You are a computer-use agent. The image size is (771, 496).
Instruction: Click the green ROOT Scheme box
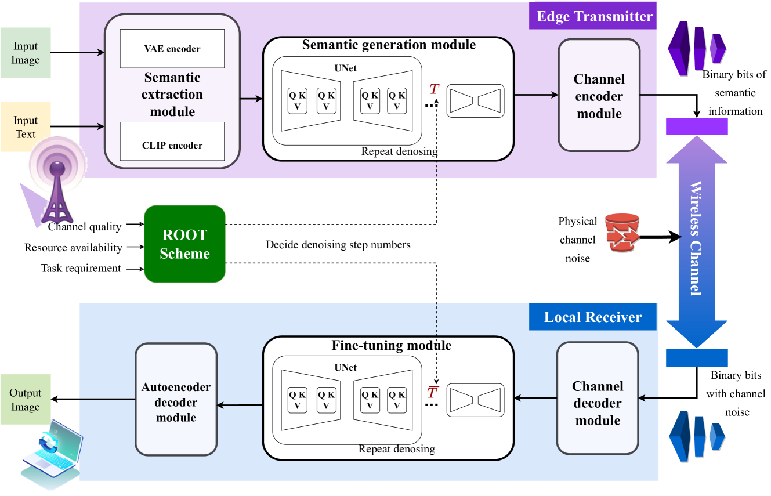point(184,244)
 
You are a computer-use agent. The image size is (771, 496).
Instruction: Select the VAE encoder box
point(172,49)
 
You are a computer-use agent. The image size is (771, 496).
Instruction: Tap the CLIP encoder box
point(172,142)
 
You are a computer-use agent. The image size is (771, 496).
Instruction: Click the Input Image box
point(26,53)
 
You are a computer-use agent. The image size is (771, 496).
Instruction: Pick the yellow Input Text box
point(26,127)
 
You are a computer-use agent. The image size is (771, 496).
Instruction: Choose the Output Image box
point(25,400)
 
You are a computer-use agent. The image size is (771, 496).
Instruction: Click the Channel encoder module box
point(599,96)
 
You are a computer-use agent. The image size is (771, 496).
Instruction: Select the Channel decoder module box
point(598,398)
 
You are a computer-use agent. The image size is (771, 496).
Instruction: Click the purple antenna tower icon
point(57,186)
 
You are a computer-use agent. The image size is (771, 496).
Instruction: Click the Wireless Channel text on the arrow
point(696,238)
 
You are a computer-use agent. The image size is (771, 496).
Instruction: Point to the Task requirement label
point(81,268)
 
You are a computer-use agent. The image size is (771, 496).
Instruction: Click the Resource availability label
point(73,248)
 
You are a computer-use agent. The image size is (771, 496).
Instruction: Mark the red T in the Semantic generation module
point(433,89)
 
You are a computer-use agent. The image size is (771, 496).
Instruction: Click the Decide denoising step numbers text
point(338,245)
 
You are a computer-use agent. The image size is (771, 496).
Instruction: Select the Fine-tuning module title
point(391,345)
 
